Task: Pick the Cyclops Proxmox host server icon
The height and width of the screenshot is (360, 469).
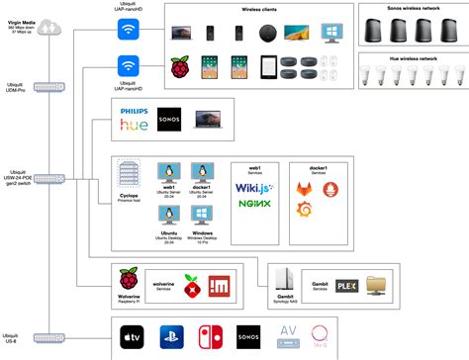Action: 130,176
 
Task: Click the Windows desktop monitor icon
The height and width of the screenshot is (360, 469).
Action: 204,214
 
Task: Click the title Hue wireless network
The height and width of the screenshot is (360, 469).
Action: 410,59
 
